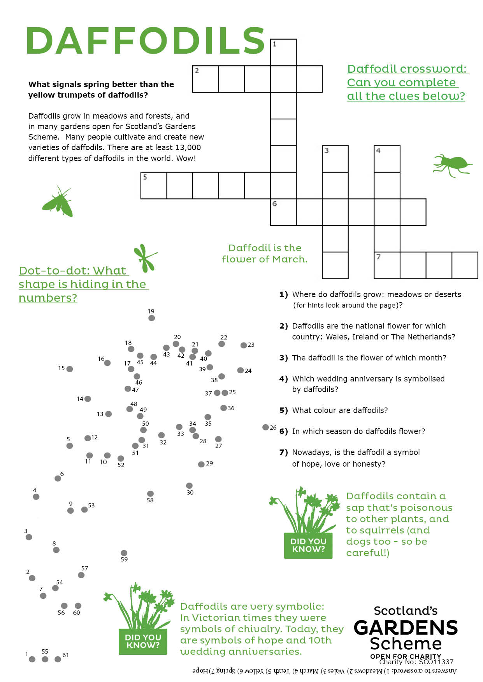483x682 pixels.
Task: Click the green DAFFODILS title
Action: (x=145, y=41)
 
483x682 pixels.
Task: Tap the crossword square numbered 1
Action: (x=283, y=52)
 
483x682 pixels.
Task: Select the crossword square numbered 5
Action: (x=153, y=185)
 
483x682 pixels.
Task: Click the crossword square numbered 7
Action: (x=387, y=265)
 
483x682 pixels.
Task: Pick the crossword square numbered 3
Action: (x=335, y=159)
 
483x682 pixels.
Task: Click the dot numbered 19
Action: (x=152, y=318)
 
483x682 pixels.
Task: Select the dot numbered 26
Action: (x=265, y=427)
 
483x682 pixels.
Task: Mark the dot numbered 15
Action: (x=70, y=369)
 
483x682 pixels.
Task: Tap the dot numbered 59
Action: (x=124, y=553)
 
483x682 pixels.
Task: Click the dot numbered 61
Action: (x=58, y=659)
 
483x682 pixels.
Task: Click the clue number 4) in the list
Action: (x=283, y=379)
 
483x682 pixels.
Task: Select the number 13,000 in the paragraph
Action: (x=188, y=148)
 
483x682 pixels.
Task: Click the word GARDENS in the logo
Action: (x=406, y=628)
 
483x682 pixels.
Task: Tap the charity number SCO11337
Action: (x=436, y=662)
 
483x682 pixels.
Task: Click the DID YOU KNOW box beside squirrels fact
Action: (x=308, y=545)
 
